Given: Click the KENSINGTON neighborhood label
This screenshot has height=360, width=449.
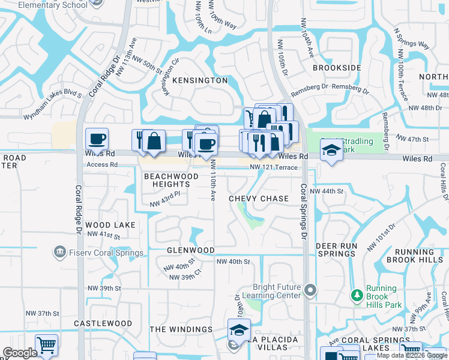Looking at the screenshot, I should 200,80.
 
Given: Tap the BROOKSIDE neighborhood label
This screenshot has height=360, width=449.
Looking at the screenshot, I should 337,68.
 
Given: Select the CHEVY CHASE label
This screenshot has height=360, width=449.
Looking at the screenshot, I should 259,199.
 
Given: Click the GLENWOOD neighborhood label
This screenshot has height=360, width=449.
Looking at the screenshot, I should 190,250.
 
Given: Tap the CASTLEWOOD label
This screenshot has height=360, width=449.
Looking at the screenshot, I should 103,323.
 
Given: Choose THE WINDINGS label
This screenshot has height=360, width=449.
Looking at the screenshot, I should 181,329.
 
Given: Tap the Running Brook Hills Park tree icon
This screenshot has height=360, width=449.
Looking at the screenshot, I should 357,296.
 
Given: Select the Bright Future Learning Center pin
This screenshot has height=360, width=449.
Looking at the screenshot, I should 310,291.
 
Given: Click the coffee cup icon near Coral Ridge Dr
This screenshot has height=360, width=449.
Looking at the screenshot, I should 97,140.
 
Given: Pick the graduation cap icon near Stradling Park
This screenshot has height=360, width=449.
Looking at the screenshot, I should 331,150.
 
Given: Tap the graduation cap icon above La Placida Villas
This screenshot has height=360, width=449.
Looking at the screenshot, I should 238,329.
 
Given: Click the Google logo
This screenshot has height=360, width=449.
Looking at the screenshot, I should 20,353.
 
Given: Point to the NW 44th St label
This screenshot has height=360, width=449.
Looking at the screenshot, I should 330,191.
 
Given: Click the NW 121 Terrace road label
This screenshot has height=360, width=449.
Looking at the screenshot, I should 274,167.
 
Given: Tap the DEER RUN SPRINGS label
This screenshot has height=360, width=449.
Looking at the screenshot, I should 336,250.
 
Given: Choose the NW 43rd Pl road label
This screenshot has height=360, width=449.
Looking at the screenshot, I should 164,203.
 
